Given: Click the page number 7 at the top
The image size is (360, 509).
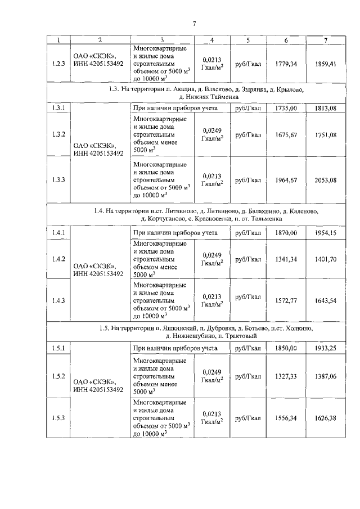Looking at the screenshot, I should (193, 23).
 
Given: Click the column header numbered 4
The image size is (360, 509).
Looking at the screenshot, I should (212, 39).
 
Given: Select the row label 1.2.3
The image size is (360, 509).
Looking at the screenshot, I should (58, 64).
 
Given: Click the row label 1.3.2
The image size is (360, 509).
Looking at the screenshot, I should (58, 135).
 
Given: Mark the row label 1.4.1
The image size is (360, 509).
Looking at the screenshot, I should (58, 232).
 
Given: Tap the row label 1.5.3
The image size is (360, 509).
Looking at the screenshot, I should (58, 417).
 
